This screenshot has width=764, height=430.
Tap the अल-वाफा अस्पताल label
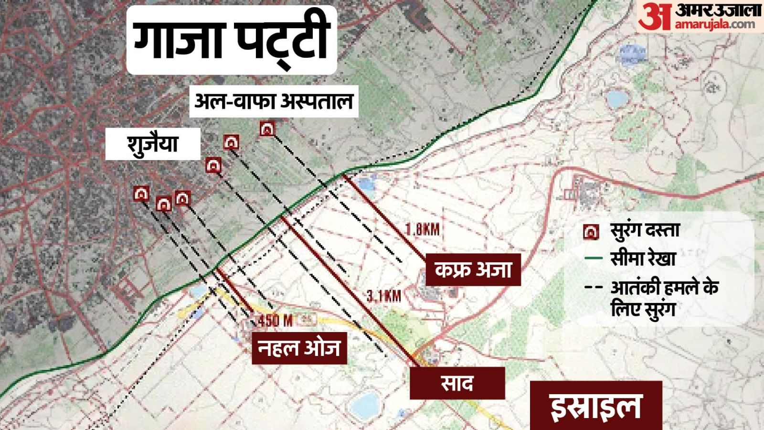[x=274, y=101]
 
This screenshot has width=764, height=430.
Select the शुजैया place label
[x=152, y=144]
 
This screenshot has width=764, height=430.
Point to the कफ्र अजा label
[x=473, y=270]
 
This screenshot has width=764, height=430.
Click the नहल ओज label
[x=299, y=348]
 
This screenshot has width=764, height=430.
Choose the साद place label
[x=457, y=383]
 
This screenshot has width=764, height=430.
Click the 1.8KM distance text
[x=423, y=229]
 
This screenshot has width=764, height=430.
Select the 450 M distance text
[x=275, y=321]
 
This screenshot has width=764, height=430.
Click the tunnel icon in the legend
[x=591, y=232]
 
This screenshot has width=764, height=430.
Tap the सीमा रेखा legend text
[x=643, y=259]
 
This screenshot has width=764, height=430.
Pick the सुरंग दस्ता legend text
[x=645, y=231]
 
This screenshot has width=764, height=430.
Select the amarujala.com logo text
[x=714, y=24]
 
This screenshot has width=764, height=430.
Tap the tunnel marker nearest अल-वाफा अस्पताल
[x=267, y=129]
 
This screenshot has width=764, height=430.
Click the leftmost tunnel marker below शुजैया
[x=141, y=193]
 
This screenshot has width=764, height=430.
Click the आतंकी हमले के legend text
[x=664, y=288]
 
